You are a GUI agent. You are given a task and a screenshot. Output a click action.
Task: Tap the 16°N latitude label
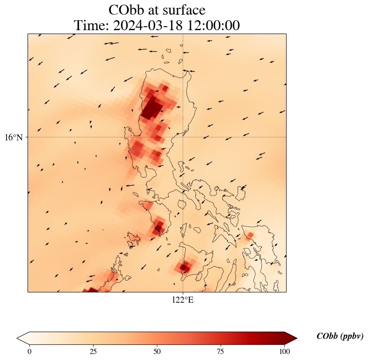coord(16,137)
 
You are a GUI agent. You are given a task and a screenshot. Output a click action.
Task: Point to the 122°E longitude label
coord(183,300)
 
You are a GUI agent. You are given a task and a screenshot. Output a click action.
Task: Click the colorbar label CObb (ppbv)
coord(340,336)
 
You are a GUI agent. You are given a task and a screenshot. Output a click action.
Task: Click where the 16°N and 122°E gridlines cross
coord(183,137)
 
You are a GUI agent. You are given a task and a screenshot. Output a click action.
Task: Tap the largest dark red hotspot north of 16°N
coord(152,109)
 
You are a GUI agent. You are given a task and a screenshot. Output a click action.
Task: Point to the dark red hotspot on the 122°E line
coord(184,267)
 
